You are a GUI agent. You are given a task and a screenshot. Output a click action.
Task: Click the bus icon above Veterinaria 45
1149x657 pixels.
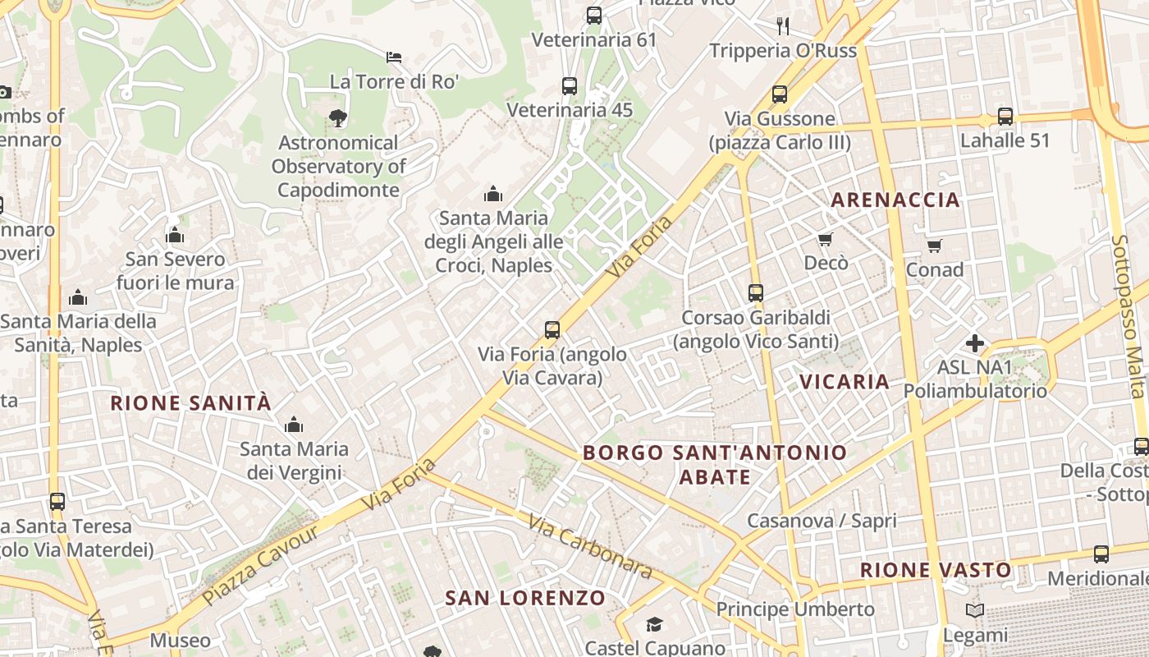[570, 85]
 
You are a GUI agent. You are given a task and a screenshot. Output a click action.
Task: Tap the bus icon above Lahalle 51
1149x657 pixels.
[1005, 117]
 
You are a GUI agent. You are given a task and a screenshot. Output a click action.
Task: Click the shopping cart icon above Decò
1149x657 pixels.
[826, 239]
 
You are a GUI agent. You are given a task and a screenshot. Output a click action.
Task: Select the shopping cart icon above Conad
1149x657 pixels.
[935, 246]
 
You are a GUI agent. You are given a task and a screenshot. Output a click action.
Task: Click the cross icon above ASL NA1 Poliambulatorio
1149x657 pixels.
[975, 343]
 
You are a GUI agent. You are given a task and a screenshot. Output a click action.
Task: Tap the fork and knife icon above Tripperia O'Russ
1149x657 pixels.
[783, 26]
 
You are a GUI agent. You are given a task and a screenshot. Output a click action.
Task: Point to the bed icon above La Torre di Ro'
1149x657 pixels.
[394, 57]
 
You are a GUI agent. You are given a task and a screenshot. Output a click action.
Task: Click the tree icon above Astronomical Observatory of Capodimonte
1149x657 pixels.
[337, 118]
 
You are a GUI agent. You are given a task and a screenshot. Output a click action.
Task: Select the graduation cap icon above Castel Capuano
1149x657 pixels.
[654, 625]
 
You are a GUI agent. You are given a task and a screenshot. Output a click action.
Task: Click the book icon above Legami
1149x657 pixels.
[975, 611]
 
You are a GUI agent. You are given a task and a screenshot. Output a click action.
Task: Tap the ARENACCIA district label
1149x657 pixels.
[895, 200]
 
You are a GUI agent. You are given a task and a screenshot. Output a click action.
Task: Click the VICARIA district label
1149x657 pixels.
[845, 381]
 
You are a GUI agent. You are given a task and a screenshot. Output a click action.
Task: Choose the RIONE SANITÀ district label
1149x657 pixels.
[190, 402]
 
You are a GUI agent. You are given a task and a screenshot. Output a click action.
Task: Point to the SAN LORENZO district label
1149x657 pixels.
[525, 598]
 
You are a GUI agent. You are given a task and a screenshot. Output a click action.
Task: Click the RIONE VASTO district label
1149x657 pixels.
[936, 570]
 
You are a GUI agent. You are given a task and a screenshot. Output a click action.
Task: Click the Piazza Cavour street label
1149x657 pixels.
[260, 564]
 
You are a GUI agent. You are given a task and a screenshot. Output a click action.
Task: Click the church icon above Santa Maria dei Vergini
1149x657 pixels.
[293, 425]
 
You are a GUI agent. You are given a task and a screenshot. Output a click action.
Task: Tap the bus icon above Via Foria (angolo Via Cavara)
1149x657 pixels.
[552, 330]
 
